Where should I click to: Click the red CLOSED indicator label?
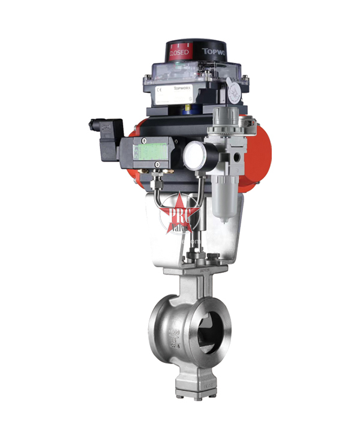[179, 52]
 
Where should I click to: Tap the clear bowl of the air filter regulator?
[223, 198]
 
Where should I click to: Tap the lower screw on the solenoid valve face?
[157, 164]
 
